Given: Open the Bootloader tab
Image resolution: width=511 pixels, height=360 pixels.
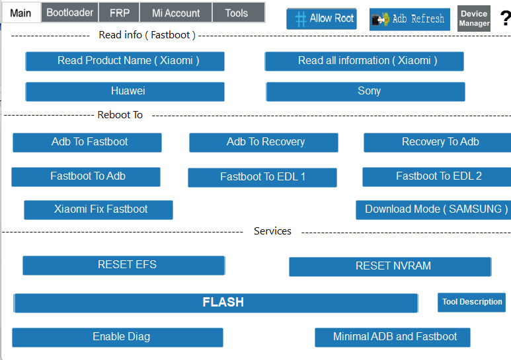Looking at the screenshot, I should pos(70,13).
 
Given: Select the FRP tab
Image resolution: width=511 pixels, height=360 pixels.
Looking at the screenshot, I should pos(120,13).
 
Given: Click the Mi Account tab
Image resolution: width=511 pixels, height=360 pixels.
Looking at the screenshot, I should pos(176,13).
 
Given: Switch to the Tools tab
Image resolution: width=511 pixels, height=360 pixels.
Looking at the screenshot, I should pos(237,13).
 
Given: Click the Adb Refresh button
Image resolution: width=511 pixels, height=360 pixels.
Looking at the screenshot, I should pos(410,19).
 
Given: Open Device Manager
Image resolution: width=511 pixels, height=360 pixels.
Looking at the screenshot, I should pos(474,18).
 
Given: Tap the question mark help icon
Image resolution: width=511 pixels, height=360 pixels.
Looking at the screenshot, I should pos(504,18).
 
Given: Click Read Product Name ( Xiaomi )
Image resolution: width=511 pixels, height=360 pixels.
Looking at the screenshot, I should pos(125,61).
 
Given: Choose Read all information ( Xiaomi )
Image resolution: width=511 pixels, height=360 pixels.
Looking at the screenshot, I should pos(364,61).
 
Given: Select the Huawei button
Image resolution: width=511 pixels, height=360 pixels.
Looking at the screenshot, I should pos(125,91).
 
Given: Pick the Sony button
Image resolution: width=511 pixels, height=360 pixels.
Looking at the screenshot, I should pos(366,91).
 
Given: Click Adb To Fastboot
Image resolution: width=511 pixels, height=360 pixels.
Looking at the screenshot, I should pos(87,142).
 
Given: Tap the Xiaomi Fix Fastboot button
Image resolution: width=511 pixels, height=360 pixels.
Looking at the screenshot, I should pos(98,209).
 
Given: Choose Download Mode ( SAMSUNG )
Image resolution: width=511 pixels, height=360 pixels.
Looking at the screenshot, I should pos(434,209).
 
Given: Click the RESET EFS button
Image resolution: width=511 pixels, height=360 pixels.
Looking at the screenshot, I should pos(124,265).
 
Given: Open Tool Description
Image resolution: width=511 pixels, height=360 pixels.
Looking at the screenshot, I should pos(471,302).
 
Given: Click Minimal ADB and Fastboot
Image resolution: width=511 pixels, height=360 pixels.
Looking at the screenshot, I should pos(393,337).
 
